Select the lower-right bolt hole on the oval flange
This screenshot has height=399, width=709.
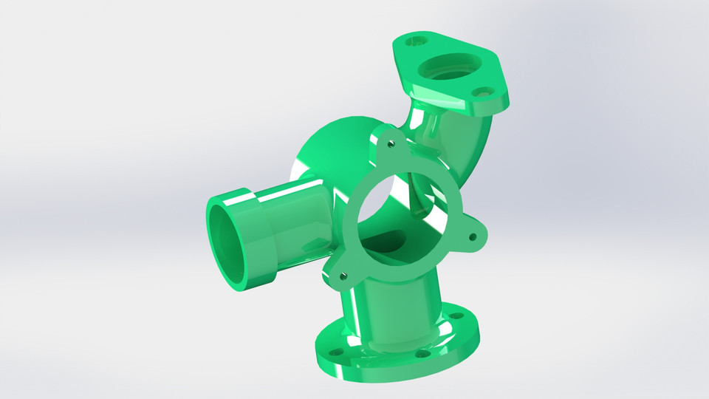[x=483, y=94]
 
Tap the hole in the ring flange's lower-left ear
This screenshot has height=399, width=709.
[x=342, y=275]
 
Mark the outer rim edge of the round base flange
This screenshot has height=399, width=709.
[x=391, y=377]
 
